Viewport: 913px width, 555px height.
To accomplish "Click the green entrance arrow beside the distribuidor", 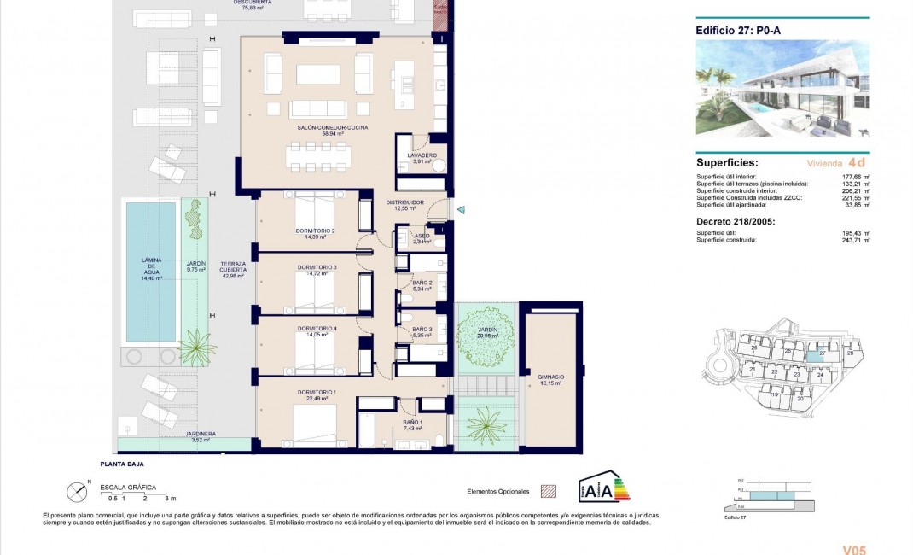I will (461, 210).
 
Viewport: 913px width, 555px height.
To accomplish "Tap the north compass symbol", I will (78, 492).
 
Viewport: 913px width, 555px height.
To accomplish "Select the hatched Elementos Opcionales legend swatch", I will (549, 492).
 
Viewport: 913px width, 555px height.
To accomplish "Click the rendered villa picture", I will (782, 89).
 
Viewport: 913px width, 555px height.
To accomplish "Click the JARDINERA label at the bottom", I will (200, 434).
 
